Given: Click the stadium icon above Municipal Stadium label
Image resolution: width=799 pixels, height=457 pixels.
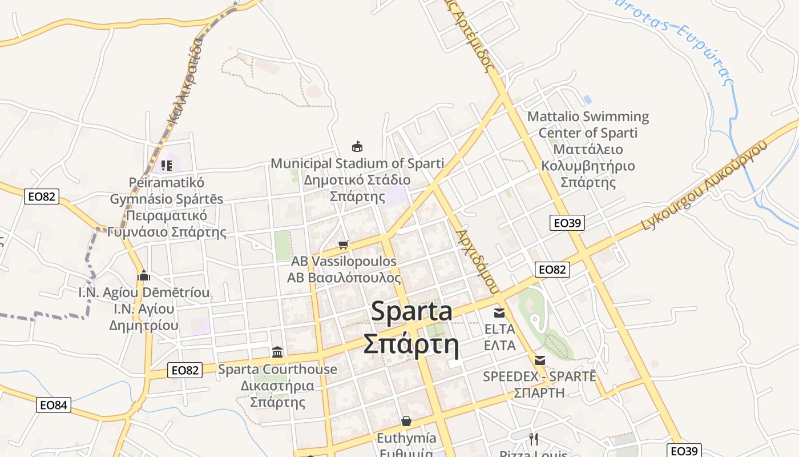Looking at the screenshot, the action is coord(357,147).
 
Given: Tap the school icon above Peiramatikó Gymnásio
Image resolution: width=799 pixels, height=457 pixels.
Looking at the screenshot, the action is coord(167,166).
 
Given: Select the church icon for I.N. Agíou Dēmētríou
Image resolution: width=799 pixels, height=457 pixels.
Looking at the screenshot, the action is coord(144,276).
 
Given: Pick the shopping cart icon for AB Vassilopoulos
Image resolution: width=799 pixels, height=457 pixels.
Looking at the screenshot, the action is coord(343,245).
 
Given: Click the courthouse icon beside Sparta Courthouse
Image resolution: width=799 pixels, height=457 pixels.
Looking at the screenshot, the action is coord(277,352).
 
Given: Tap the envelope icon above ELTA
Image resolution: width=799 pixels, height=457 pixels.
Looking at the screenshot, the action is coord(499,312).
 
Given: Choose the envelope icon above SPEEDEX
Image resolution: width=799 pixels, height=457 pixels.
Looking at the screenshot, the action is coord(539,360).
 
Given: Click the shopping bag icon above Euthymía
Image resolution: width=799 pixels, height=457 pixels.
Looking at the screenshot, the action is coord(406,422).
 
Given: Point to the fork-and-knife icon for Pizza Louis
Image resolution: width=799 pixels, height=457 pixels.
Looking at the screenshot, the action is coord(533,439).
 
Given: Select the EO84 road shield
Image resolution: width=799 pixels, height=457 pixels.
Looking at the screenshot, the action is coord(54,406).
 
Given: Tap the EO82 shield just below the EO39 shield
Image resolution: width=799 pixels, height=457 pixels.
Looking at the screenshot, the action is coord(552,270).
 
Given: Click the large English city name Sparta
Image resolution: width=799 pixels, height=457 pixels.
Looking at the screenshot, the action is coord(411,311).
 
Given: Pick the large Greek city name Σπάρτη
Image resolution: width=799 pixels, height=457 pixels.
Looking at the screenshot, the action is coord(411,344).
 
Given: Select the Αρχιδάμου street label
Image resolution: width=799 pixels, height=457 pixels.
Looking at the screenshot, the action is coord(478,262).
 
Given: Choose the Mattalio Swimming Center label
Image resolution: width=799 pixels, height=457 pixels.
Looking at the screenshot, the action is coord(588,149).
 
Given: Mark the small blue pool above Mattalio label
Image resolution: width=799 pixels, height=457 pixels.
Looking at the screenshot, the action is coord(588,99).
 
